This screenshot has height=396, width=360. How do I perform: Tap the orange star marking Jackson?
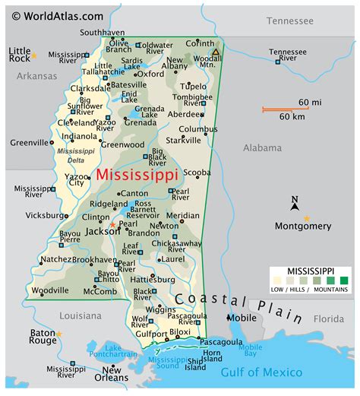112,225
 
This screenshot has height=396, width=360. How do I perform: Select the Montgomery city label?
303,226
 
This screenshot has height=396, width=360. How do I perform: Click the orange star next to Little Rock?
33,55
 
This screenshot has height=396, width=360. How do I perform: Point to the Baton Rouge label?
43,337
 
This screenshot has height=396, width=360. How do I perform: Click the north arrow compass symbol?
295,203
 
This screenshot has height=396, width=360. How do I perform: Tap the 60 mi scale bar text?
309,103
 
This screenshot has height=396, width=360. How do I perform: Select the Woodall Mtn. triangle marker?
216,52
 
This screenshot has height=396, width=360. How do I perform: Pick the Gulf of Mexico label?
261,372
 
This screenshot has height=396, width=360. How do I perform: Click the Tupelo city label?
193,86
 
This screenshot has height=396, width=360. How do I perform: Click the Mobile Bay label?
251,350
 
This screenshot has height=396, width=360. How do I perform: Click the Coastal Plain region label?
228,299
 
